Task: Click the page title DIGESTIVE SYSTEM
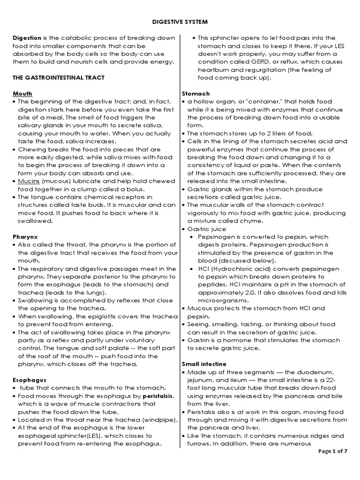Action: tap(180, 22)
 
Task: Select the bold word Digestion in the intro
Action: tap(27, 38)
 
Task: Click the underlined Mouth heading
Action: tap(22, 93)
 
